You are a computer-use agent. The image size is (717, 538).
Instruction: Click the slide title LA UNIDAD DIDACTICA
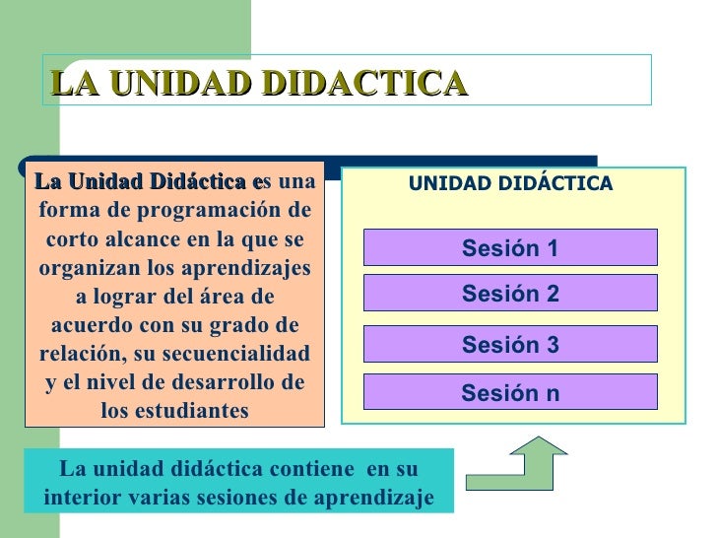click(x=257, y=83)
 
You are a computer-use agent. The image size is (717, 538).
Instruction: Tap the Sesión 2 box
click(x=510, y=294)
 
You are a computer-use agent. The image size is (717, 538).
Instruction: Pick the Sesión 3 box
click(x=510, y=345)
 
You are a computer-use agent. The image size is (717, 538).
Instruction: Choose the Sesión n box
click(x=510, y=393)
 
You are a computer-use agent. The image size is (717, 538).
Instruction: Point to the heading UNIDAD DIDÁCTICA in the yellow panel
click(x=510, y=184)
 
